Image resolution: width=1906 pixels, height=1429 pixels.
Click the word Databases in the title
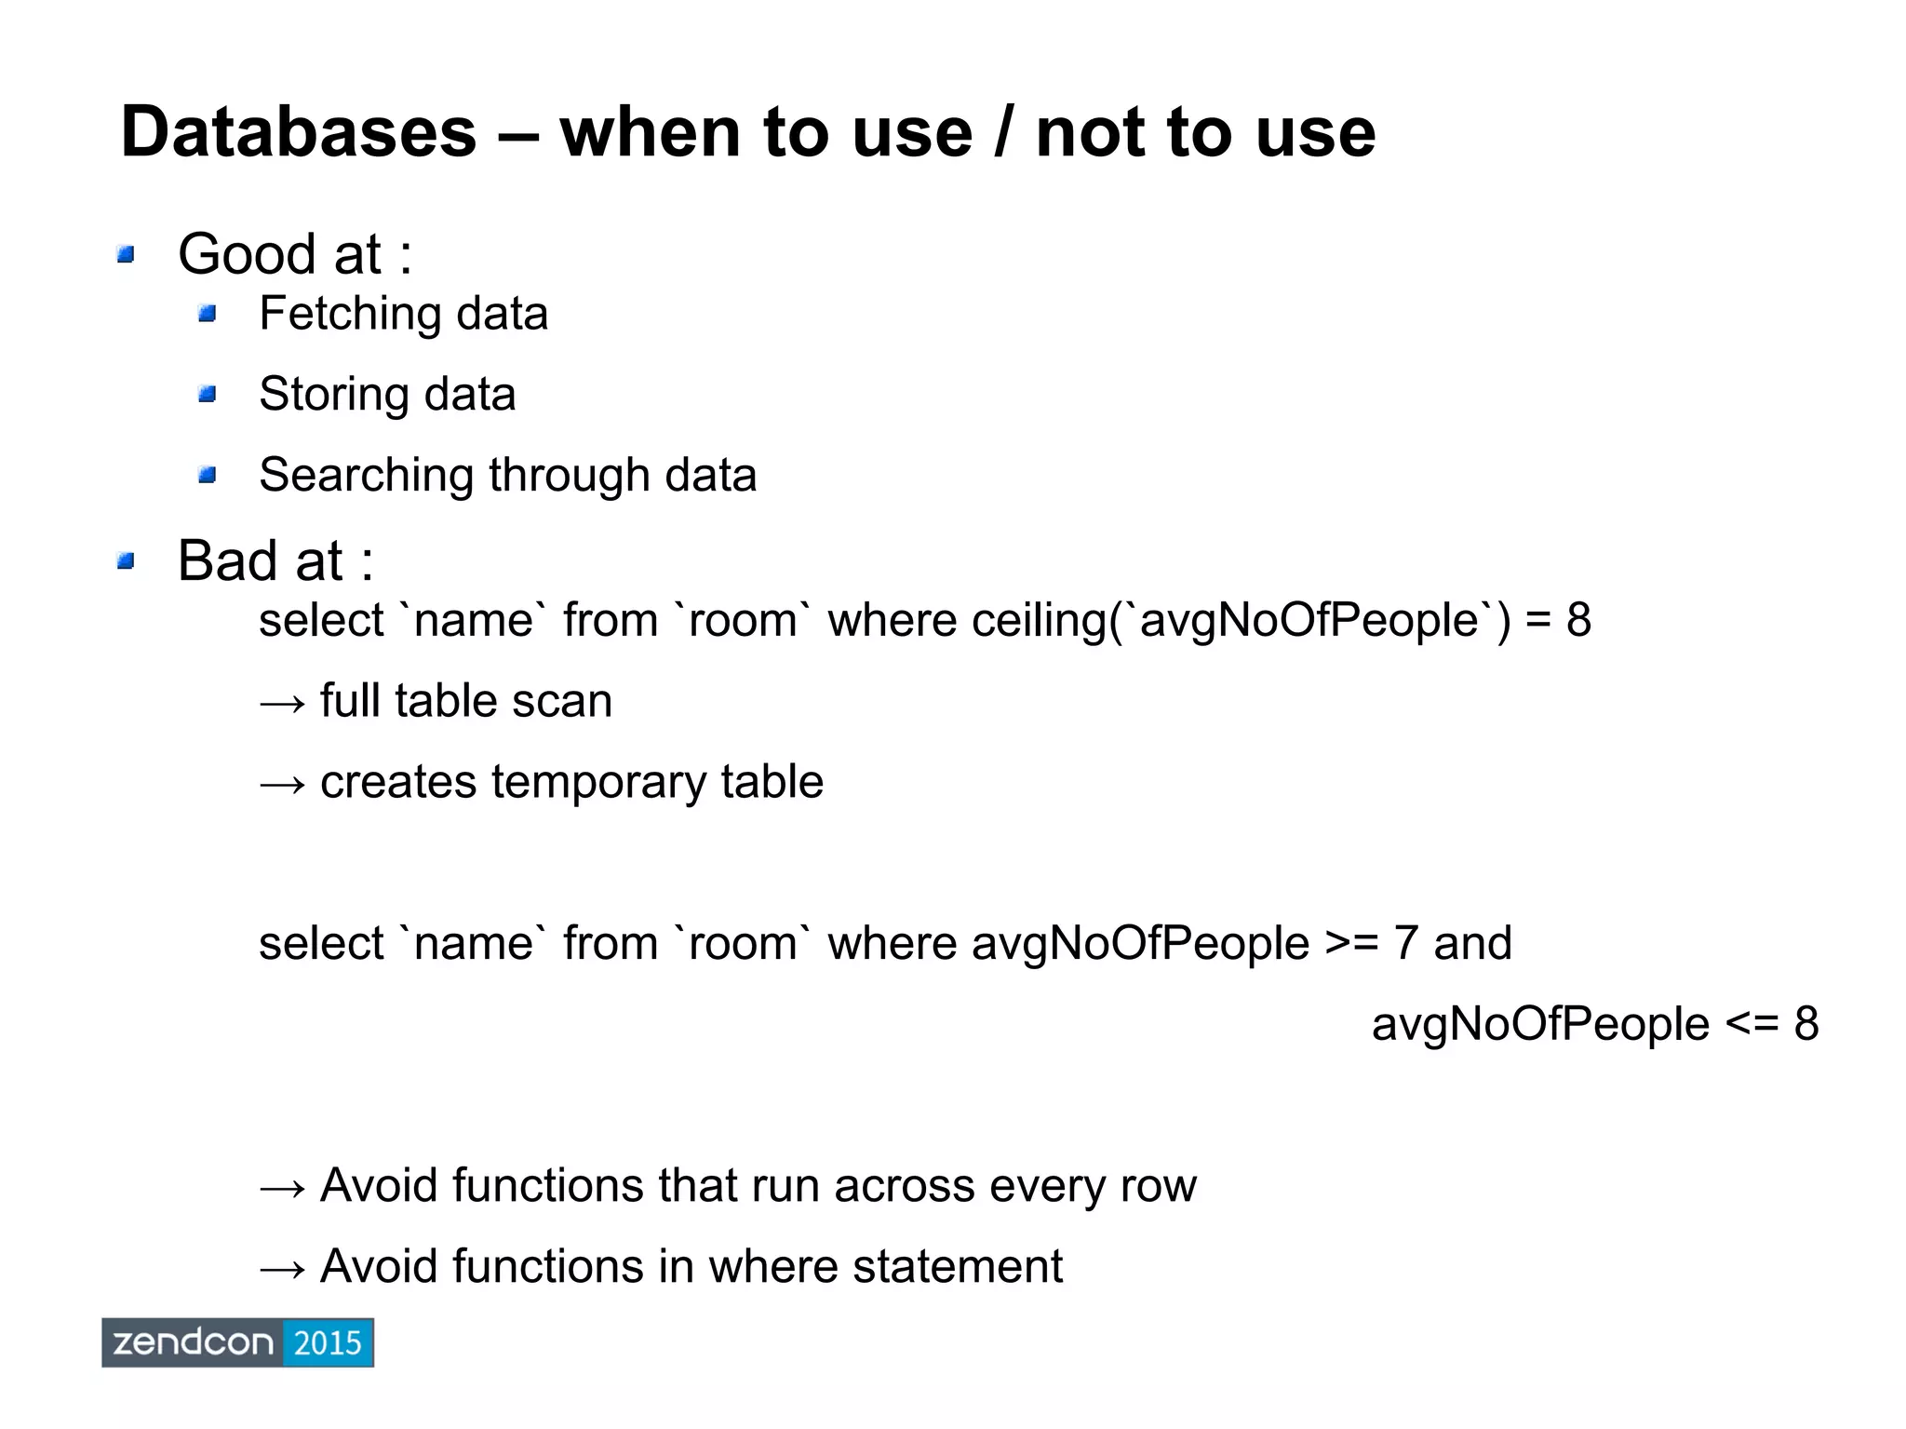click(x=298, y=132)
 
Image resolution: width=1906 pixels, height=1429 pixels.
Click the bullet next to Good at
click(x=127, y=254)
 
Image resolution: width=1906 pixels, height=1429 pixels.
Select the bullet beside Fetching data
click(x=208, y=314)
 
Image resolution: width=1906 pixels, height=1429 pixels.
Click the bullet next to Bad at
click(x=127, y=561)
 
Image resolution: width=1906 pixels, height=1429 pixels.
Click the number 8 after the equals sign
click(x=1578, y=620)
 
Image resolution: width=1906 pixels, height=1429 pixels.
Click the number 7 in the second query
click(x=1405, y=943)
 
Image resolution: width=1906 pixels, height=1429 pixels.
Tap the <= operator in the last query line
click(x=1752, y=1024)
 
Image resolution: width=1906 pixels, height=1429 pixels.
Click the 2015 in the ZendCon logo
click(x=327, y=1342)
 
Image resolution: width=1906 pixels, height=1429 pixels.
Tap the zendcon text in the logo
click(x=194, y=1342)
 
